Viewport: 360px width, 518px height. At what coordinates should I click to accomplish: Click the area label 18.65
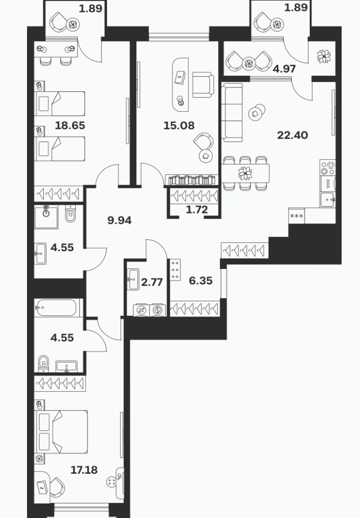[x=70, y=125]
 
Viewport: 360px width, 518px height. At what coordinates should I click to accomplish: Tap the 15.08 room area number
[x=179, y=125]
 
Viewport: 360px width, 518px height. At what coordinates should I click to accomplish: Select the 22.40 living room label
[x=292, y=135]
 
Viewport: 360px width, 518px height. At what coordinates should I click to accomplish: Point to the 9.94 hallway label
[x=119, y=220]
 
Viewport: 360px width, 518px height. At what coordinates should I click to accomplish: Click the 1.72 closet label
[x=197, y=210]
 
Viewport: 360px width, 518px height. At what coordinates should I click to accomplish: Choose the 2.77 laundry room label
[x=152, y=282]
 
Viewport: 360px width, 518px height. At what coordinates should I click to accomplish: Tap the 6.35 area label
[x=201, y=281]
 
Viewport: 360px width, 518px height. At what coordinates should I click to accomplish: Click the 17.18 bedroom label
[x=84, y=470]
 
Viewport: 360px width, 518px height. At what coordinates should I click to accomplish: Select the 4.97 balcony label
[x=284, y=69]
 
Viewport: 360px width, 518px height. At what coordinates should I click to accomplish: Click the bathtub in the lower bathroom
[x=57, y=308]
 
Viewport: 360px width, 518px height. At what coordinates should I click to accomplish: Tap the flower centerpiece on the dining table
[x=245, y=173]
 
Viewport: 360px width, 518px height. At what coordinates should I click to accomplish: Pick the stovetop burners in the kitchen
[x=328, y=168]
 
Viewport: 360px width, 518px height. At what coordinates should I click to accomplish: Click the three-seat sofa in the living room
[x=232, y=112]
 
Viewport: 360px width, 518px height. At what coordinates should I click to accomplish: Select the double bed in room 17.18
[x=62, y=432]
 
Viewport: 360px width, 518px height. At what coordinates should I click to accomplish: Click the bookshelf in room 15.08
[x=191, y=180]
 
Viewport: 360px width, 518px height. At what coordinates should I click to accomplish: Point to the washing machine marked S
[x=141, y=311]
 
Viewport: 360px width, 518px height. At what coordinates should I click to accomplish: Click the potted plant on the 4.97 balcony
[x=324, y=56]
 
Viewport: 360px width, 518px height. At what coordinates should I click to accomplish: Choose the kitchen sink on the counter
[x=328, y=200]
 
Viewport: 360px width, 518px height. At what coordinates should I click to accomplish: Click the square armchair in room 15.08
[x=203, y=85]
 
